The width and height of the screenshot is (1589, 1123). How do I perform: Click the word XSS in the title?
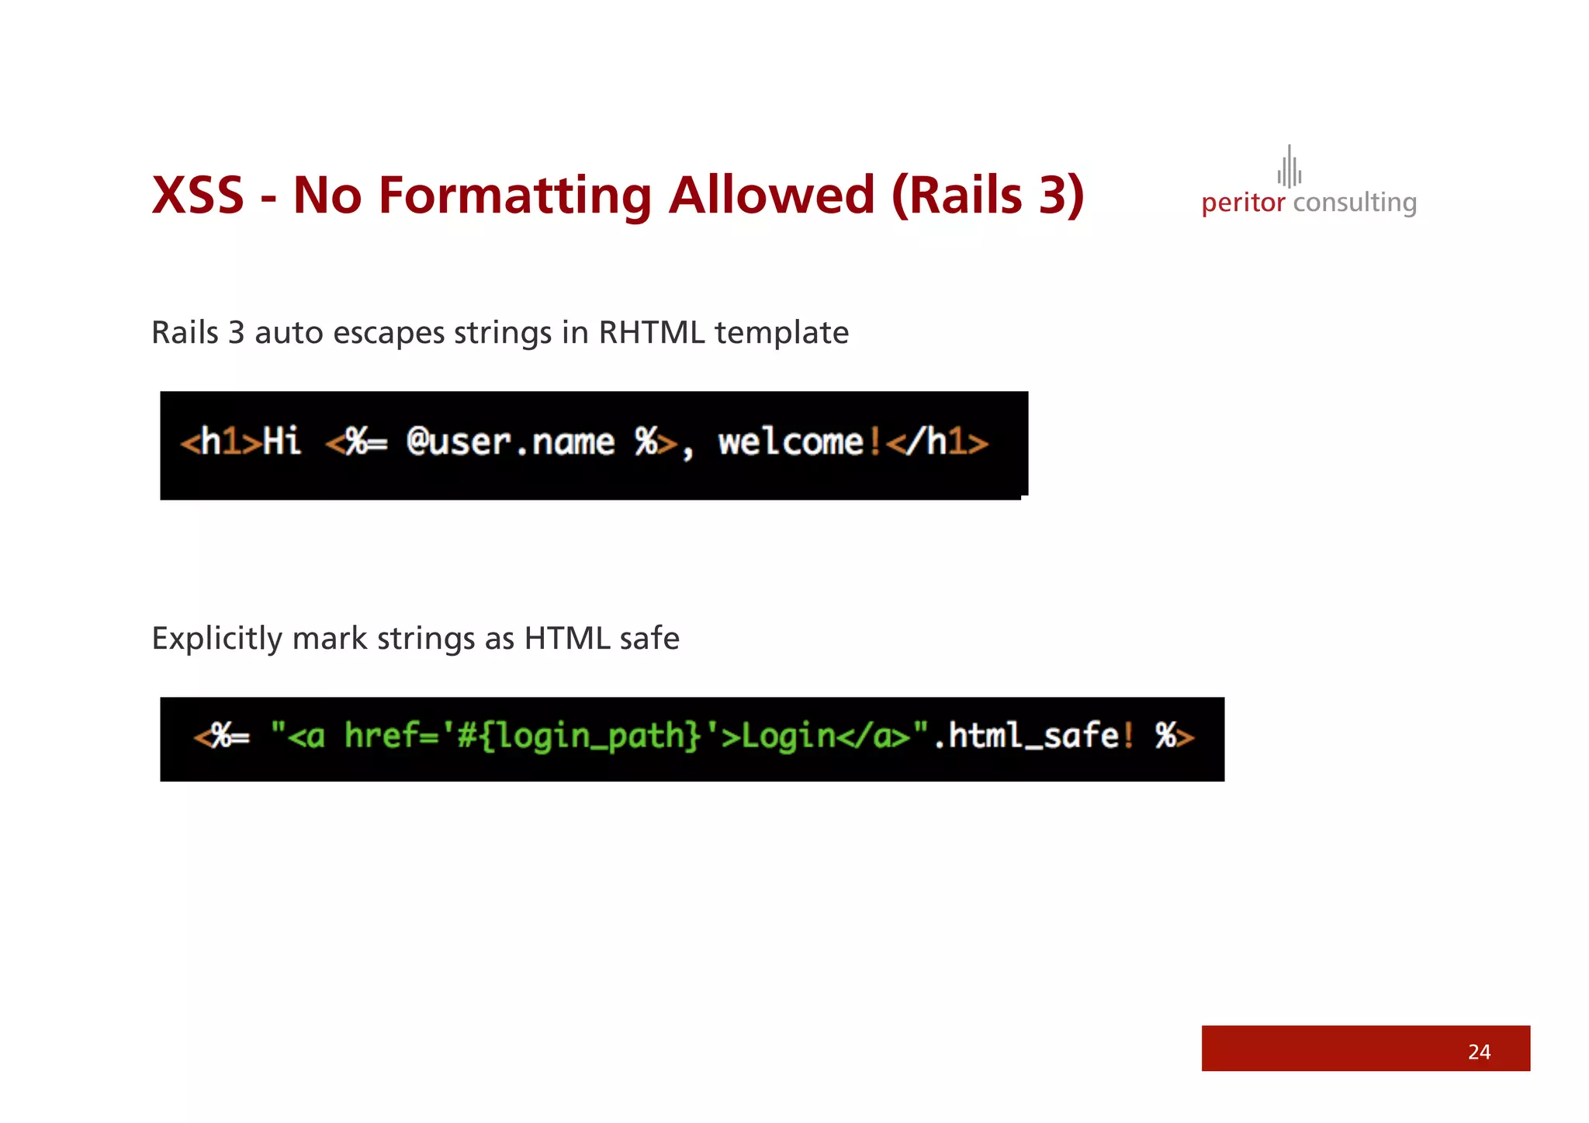coord(198,195)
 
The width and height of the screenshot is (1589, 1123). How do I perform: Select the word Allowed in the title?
coord(772,195)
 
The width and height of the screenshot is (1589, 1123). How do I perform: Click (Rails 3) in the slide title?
coord(988,195)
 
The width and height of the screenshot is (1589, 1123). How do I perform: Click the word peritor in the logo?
coord(1243,203)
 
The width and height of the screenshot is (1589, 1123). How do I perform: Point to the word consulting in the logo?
coord(1355,203)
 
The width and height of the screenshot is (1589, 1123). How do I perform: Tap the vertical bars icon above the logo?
coord(1290,167)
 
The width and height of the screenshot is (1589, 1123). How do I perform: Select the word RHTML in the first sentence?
coord(652,333)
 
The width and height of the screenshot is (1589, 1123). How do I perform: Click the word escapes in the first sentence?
coord(389,333)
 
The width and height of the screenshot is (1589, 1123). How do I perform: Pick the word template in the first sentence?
coord(781,333)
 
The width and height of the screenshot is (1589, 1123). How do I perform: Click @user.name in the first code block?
coord(511,442)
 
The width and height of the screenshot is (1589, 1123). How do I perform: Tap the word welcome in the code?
coord(791,442)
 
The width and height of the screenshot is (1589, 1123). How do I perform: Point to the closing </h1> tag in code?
coord(937,442)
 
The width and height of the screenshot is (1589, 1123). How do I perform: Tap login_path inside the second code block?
coord(590,736)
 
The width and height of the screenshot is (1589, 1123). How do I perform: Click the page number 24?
coord(1479,1052)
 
